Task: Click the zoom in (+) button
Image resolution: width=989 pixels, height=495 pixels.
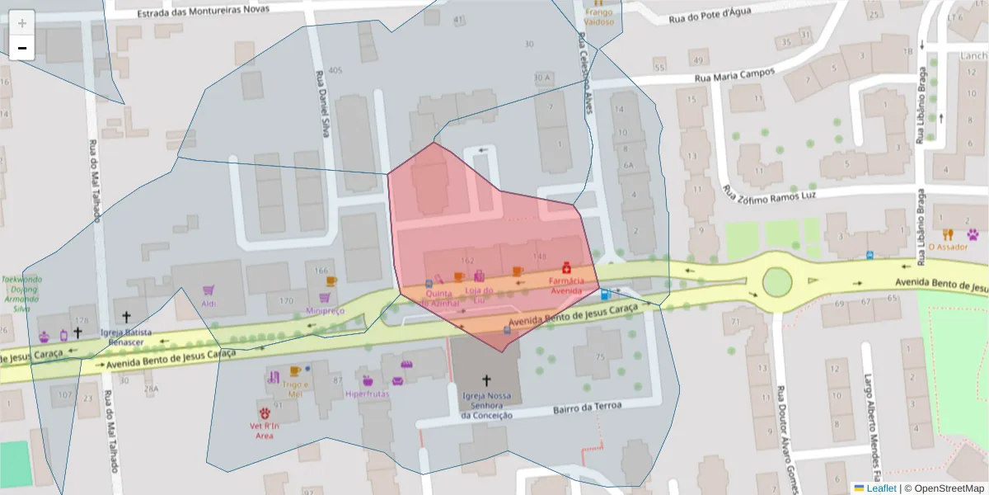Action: coord(22,23)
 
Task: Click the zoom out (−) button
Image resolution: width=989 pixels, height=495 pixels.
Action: coord(22,48)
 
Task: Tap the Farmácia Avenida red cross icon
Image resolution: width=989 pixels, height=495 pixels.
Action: coord(566,267)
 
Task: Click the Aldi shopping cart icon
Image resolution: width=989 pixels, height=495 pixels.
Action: coord(209,290)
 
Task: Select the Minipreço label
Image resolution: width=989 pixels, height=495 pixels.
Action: coord(325,311)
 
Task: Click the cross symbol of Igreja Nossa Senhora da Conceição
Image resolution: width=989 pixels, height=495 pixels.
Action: coord(486,380)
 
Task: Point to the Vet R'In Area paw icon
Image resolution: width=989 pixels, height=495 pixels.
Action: coord(265,412)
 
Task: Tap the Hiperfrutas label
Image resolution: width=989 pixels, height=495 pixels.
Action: coord(368,394)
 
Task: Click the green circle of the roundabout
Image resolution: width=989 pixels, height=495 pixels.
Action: coord(776,281)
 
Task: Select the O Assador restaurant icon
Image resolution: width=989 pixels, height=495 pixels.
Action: coord(948,233)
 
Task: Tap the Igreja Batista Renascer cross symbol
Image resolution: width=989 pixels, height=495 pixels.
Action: coord(127,316)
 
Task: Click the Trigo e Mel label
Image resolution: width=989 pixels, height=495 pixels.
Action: coord(295,389)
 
